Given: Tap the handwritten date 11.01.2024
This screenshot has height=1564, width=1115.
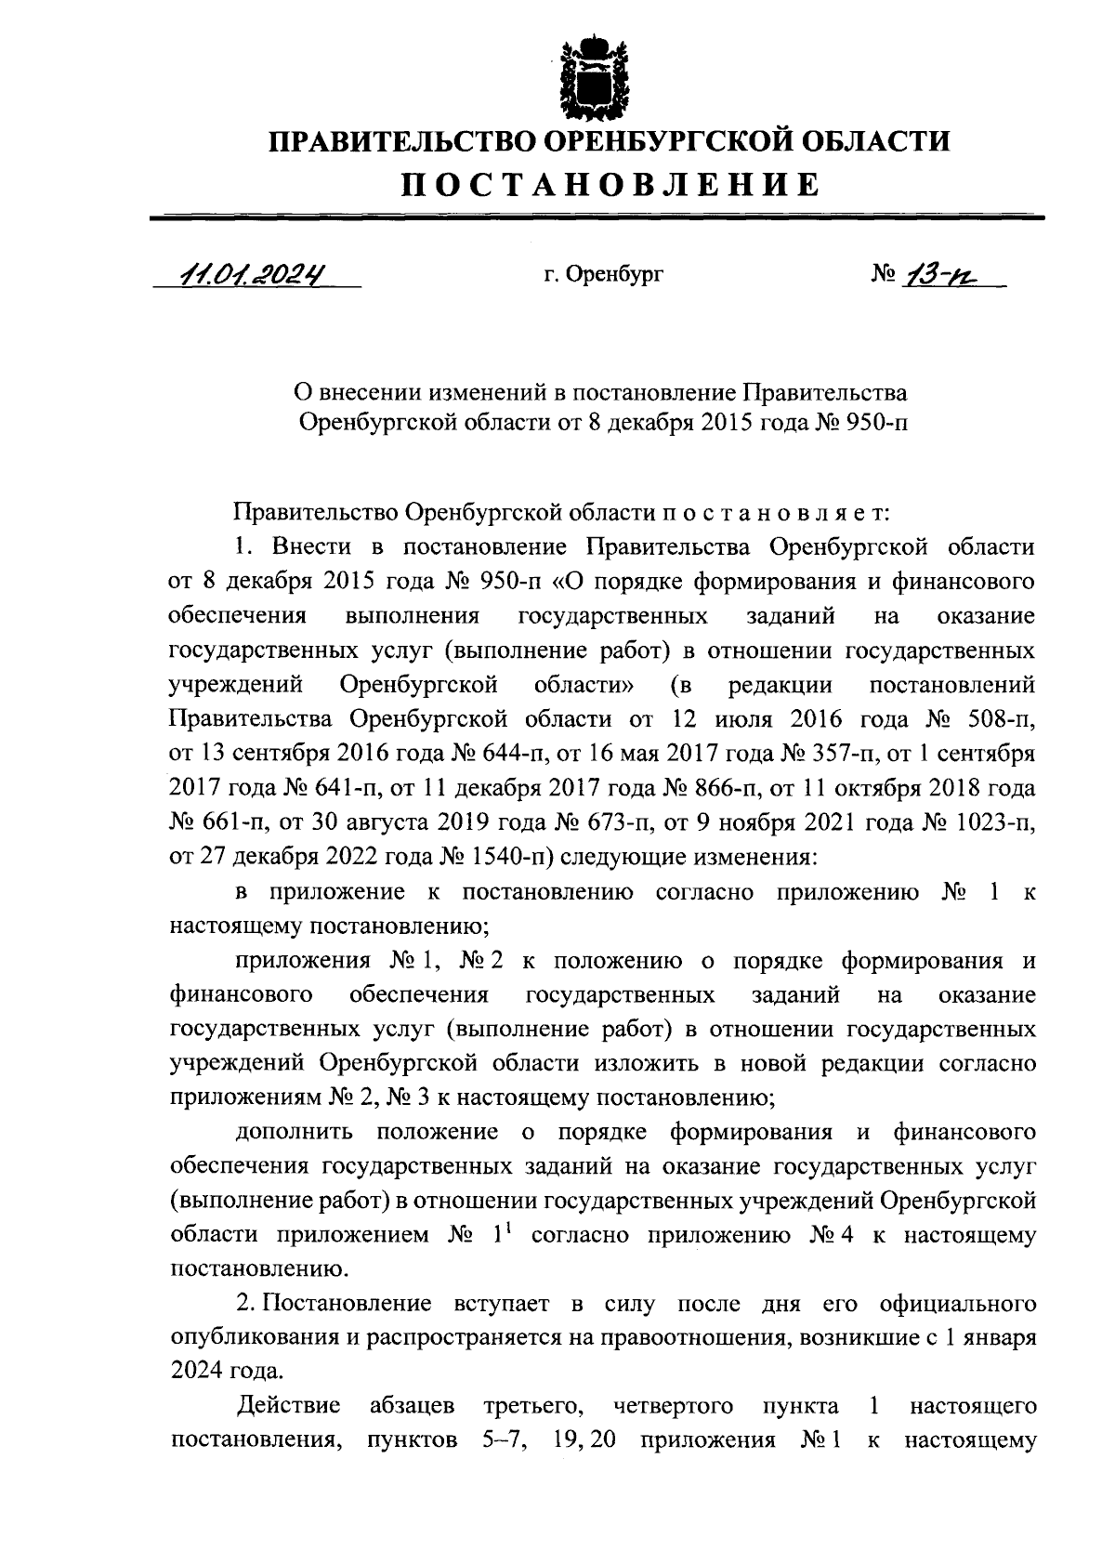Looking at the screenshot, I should [254, 275].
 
